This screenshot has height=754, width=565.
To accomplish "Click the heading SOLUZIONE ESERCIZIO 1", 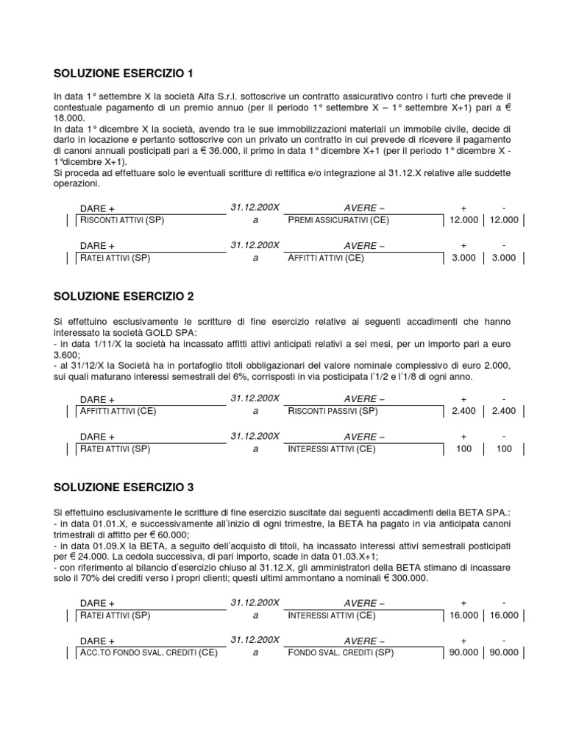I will [124, 74].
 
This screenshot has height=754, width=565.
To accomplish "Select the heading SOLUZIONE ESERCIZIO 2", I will [124, 296].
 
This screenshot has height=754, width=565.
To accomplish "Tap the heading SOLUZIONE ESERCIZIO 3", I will [124, 487].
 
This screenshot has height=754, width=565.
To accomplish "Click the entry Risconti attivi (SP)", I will [122, 220].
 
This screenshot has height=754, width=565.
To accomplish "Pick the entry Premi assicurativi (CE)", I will [338, 220].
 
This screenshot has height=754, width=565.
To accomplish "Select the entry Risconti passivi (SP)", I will [333, 411].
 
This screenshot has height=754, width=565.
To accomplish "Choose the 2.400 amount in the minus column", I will [504, 411].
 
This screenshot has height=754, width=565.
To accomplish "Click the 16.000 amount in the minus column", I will [504, 615].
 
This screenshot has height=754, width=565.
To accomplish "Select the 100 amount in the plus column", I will [463, 448].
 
